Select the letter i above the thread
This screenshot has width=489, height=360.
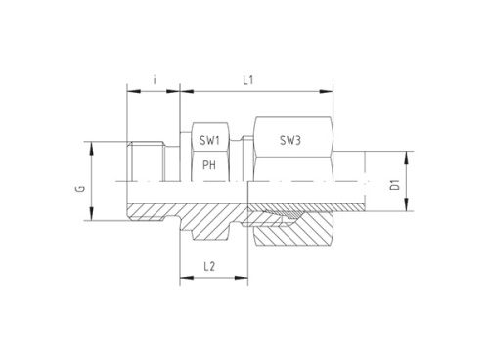(x=155, y=80)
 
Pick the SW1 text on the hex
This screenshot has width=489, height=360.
(x=209, y=141)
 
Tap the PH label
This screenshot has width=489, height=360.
(x=208, y=166)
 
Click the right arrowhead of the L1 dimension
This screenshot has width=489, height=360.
(x=324, y=92)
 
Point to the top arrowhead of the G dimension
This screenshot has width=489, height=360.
(x=92, y=145)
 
